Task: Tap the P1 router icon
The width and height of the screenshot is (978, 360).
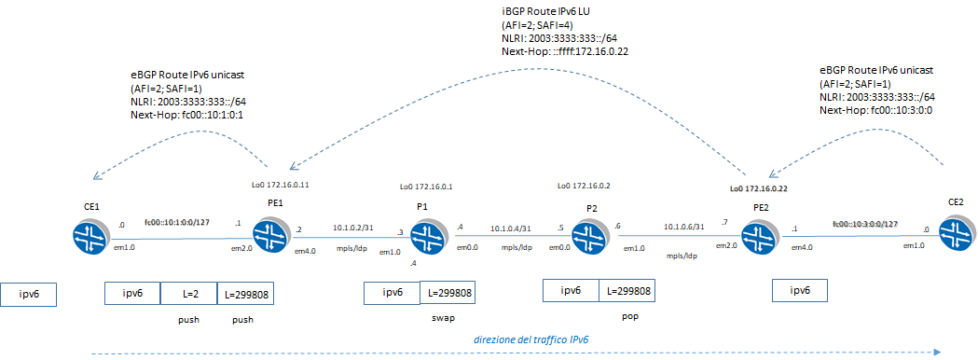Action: click(x=428, y=234)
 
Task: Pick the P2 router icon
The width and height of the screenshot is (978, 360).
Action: click(x=586, y=234)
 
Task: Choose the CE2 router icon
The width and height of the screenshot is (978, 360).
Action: click(x=957, y=232)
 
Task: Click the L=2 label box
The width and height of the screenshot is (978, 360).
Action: click(x=188, y=294)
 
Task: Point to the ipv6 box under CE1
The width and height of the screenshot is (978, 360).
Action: click(x=29, y=296)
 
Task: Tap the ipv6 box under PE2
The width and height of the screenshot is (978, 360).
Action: click(x=799, y=291)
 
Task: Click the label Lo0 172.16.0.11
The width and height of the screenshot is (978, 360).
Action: click(x=281, y=185)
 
